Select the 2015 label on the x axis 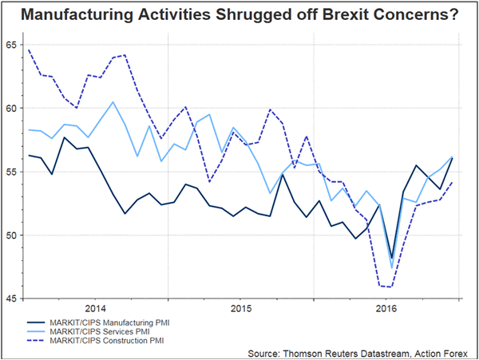pyautogui.click(x=241, y=308)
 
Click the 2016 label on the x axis pyautogui.click(x=386, y=308)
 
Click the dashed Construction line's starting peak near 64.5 pyautogui.click(x=29, y=49)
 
